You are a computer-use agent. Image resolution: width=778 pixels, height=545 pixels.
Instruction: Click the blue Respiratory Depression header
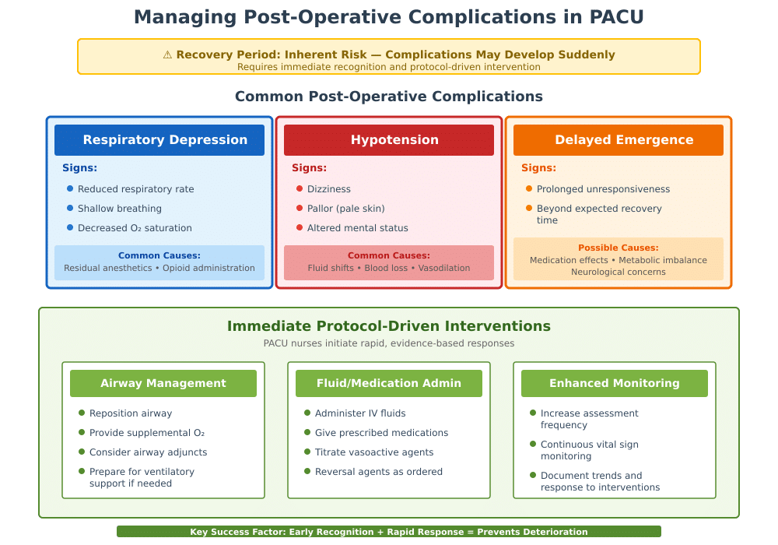point(159,140)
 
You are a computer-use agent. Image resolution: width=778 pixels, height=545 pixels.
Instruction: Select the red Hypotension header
point(389,140)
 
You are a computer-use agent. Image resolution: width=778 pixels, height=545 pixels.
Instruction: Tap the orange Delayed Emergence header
point(619,140)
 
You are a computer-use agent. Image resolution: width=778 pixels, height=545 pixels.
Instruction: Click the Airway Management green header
point(163,383)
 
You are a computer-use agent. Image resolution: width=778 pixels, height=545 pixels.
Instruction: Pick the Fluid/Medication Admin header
point(389,383)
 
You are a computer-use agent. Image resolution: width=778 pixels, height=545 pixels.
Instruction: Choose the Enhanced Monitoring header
point(615,383)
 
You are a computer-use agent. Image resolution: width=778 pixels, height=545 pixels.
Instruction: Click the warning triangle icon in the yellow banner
point(167,54)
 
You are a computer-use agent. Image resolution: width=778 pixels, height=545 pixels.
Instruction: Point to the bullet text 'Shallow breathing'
point(120,209)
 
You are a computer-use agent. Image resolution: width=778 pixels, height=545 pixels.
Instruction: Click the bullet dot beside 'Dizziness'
point(300,188)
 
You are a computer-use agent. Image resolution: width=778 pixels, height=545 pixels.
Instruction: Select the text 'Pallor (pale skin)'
point(346,209)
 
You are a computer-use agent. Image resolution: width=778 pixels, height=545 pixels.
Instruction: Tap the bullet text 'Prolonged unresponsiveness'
point(603,189)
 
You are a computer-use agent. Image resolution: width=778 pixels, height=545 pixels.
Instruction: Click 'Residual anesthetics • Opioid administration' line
point(159,268)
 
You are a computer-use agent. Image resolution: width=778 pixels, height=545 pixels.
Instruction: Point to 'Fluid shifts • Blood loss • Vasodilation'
point(389,268)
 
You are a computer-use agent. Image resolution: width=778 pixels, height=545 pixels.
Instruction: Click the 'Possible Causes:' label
point(619,248)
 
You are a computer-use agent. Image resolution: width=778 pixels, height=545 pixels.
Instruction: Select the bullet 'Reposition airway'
point(131,413)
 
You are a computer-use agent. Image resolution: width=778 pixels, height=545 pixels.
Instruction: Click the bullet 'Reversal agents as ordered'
point(379,472)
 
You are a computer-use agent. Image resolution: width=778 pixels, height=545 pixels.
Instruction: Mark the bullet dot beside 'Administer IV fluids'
point(307,413)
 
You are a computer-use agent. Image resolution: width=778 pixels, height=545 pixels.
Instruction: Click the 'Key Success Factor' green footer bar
point(389,532)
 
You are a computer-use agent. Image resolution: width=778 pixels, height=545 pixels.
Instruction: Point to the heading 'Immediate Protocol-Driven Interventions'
point(389,326)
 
